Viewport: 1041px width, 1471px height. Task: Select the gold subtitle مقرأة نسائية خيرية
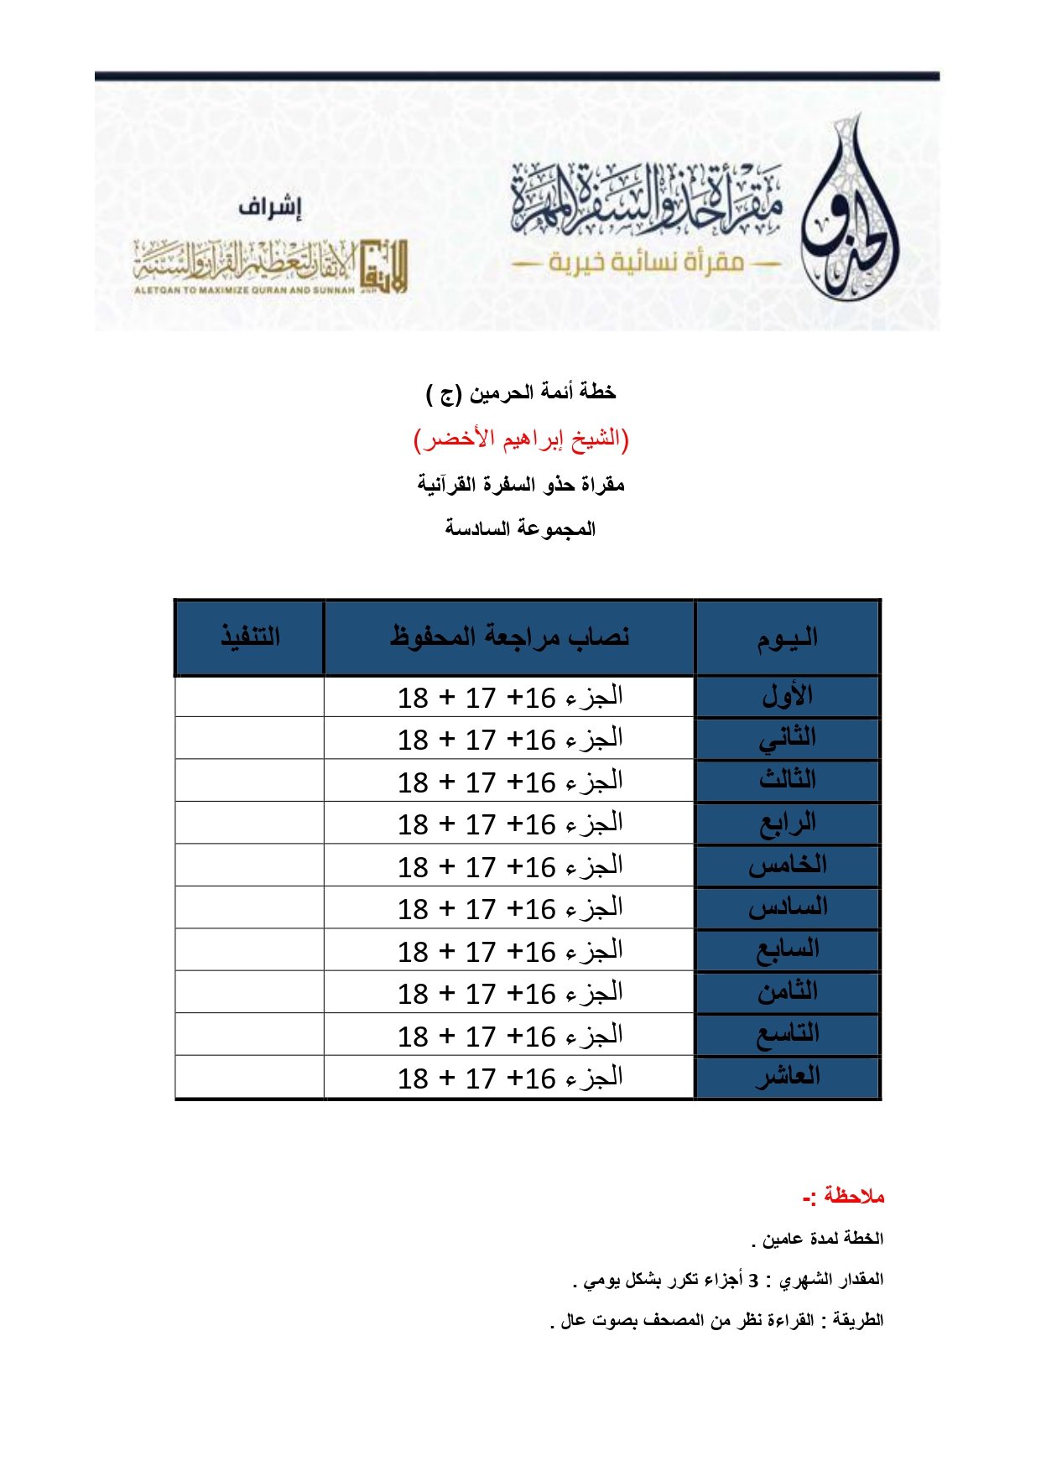point(647,262)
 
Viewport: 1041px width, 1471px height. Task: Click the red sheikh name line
point(521,439)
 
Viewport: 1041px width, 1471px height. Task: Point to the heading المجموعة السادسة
point(520,528)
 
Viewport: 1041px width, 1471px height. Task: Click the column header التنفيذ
point(250,637)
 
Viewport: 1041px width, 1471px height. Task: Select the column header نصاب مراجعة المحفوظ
point(509,637)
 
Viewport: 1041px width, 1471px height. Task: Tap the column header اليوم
point(787,638)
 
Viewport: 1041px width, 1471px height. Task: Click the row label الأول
point(787,696)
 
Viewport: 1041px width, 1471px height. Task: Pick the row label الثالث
point(787,780)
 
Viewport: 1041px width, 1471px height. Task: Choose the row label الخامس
point(787,865)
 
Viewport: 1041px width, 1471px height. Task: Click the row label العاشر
point(787,1077)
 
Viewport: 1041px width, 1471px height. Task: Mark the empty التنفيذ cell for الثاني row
point(250,739)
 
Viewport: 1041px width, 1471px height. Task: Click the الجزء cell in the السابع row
point(509,950)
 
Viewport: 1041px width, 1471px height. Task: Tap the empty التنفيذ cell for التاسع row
point(250,1035)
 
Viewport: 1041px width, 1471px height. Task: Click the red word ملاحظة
point(853,1196)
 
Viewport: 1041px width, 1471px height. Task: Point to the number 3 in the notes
point(753,1280)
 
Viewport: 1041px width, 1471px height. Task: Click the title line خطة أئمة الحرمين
point(521,392)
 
